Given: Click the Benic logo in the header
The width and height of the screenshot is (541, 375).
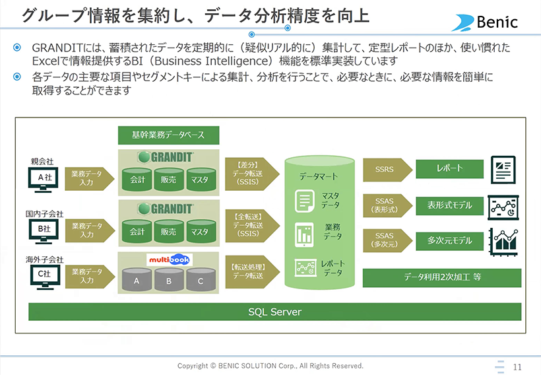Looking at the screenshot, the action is pyautogui.click(x=485, y=22).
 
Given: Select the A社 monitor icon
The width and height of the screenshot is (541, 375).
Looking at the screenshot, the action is pyautogui.click(x=44, y=180).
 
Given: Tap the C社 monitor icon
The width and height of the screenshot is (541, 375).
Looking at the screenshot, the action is pyautogui.click(x=45, y=277).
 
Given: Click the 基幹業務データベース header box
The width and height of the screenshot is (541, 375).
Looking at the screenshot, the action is pyautogui.click(x=168, y=135).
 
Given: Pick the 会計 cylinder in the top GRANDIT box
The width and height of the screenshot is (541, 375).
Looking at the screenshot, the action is pyautogui.click(x=137, y=180).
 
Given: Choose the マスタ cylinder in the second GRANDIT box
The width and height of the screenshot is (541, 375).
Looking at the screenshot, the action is pyautogui.click(x=201, y=231).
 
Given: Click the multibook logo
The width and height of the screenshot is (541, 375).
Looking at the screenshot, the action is pyautogui.click(x=170, y=259).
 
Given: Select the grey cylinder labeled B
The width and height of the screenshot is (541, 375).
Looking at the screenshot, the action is pyautogui.click(x=169, y=280).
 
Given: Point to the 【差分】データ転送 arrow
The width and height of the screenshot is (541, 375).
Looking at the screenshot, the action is pyautogui.click(x=252, y=174).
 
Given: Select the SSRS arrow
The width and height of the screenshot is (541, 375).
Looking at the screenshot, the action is pyautogui.click(x=388, y=170).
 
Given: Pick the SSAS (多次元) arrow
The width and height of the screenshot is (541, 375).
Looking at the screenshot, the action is pyautogui.click(x=388, y=240).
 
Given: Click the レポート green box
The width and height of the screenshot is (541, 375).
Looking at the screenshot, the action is pyautogui.click(x=449, y=169).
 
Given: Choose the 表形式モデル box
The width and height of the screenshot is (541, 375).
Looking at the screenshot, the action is pyautogui.click(x=449, y=205).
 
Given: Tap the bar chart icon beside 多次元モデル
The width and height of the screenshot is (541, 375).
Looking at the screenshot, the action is pyautogui.click(x=504, y=242).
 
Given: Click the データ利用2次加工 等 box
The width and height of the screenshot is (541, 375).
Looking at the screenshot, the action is pyautogui.click(x=442, y=278).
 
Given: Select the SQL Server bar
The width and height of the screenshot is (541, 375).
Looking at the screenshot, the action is pyautogui.click(x=274, y=312).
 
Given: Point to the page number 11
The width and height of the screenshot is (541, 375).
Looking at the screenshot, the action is pyautogui.click(x=517, y=366).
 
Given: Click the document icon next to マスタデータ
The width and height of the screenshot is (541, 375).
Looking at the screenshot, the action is pyautogui.click(x=304, y=201).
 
